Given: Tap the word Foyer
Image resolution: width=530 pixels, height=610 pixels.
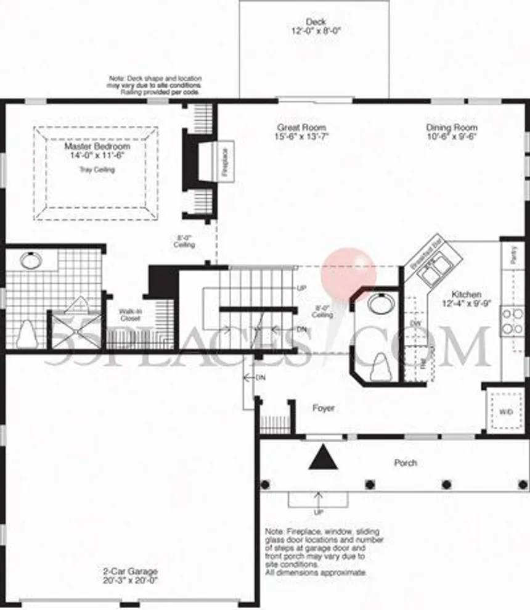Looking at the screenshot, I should click(324, 408).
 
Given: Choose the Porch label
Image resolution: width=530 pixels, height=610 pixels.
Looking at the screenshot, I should click(406, 463).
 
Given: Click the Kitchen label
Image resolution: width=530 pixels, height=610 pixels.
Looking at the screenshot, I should click(466, 295).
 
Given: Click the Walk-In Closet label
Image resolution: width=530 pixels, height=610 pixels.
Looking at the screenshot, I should click(130, 315).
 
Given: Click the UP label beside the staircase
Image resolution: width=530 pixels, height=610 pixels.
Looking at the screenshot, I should click(301, 288).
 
